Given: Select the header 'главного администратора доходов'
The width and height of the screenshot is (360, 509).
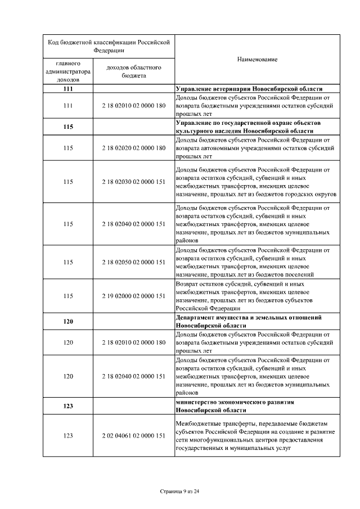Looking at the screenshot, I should [x=69, y=71].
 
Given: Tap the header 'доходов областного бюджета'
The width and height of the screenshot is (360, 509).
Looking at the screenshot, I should [x=134, y=71].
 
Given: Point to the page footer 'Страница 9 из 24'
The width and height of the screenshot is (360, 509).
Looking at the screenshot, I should [x=180, y=491].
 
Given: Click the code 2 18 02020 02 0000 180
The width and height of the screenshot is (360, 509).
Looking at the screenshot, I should [x=134, y=148].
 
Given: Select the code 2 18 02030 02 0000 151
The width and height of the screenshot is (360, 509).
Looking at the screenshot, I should [x=134, y=182].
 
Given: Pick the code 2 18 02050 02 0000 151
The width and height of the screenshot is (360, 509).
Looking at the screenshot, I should [x=134, y=262].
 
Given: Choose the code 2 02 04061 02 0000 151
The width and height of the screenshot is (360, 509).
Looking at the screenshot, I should [x=134, y=436].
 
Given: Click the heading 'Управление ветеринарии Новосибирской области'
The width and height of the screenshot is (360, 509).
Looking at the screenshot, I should [x=249, y=89].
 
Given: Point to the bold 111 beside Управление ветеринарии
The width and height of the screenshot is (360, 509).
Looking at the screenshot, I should [x=69, y=89].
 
